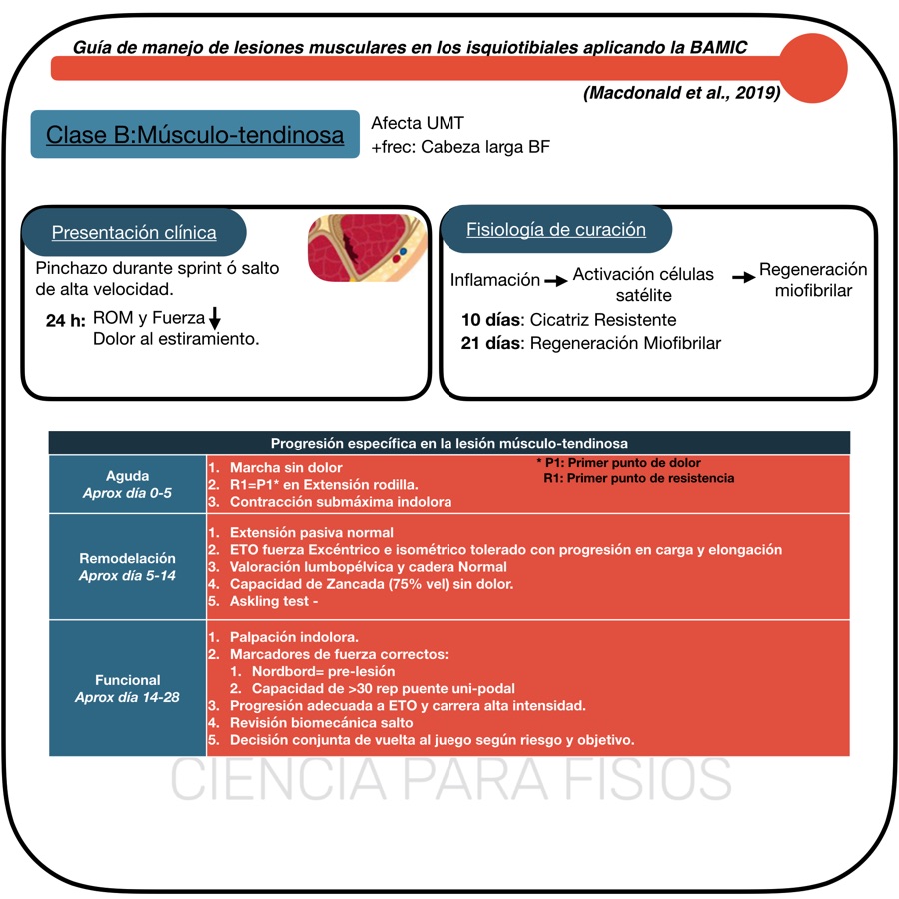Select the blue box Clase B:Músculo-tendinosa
[x=195, y=135]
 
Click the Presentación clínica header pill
[x=134, y=233]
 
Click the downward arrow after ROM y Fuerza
[x=216, y=320]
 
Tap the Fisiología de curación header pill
[x=556, y=230]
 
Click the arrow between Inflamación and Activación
[x=556, y=282]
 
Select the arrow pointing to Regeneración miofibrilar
[x=743, y=278]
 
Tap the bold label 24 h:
[x=67, y=320]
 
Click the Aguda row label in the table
[x=127, y=484]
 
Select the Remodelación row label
[x=127, y=567]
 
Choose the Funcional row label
[x=127, y=688]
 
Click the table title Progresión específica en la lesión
[x=449, y=443]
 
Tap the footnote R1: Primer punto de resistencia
[x=638, y=479]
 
